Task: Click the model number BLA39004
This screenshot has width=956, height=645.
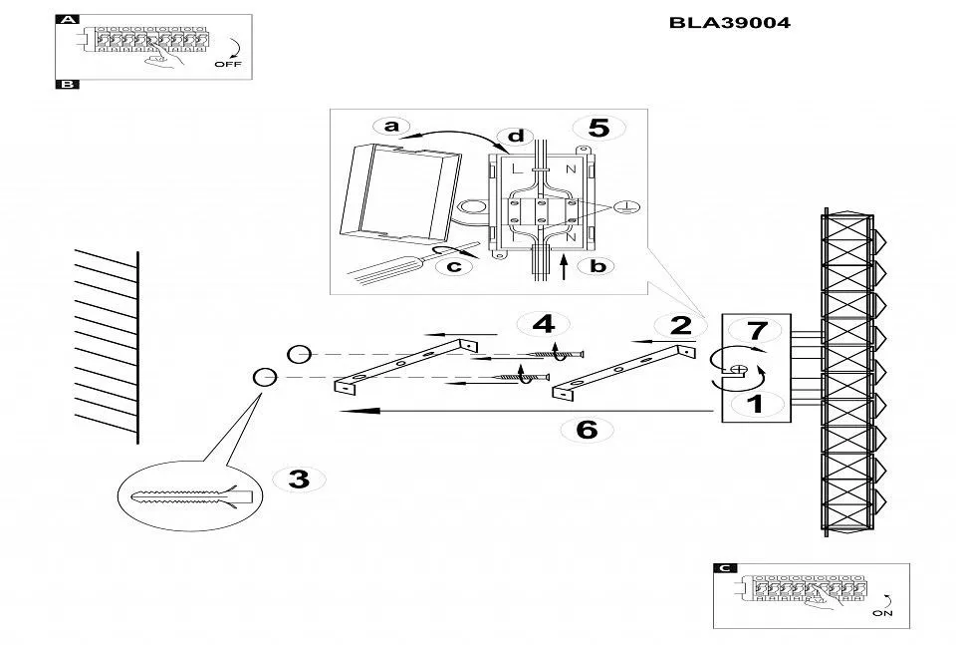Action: coord(730,22)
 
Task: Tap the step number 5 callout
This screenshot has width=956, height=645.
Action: coord(598,128)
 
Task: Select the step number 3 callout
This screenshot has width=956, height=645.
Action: coord(298,480)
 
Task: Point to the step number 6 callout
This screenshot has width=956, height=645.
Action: coord(587,430)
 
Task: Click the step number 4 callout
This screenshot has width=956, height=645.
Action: coord(543,324)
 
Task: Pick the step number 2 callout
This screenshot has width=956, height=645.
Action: coord(681,325)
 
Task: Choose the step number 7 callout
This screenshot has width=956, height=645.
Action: coord(757,330)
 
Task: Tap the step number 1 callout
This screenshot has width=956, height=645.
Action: coord(755,404)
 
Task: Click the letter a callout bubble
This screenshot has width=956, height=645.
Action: coord(391,126)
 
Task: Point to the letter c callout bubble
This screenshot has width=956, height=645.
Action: coord(453,266)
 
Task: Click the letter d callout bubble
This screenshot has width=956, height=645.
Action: coord(514,136)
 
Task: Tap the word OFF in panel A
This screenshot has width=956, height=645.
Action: coord(227,64)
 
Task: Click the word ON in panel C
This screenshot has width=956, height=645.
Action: coord(882,614)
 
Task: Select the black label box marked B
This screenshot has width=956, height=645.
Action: coord(67,85)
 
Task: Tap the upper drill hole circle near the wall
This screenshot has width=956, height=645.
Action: coord(300,354)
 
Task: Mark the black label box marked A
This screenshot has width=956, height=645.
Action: coord(67,19)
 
